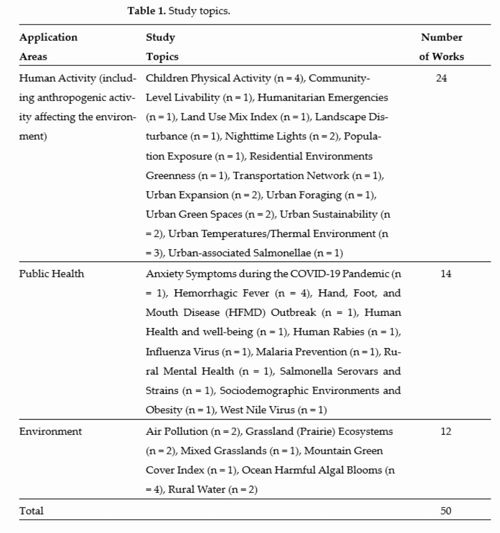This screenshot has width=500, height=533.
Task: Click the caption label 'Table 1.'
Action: [x=147, y=11]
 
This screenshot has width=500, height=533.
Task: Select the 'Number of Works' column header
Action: [x=441, y=47]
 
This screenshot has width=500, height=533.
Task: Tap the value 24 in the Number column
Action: [x=441, y=78]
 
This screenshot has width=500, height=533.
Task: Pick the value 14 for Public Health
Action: [x=445, y=274]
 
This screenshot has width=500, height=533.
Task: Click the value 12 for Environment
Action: [x=445, y=431]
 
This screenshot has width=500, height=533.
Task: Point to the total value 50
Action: [x=445, y=511]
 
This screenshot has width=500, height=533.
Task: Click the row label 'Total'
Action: [x=31, y=511]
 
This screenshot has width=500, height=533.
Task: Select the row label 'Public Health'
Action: [x=52, y=274]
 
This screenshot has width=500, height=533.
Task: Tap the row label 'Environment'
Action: [x=50, y=431]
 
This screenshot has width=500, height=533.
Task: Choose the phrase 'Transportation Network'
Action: [x=291, y=176]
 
